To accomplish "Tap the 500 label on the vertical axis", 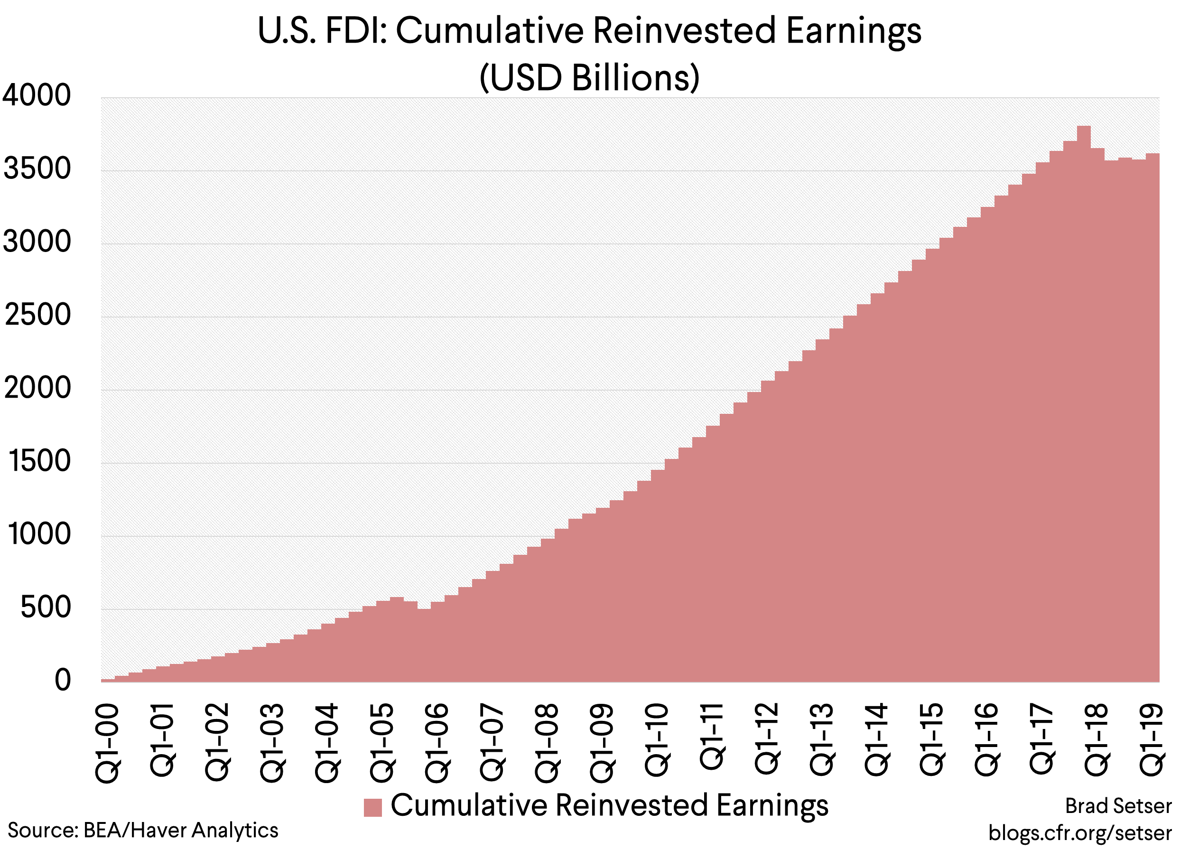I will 45,607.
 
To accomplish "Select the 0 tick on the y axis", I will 63,680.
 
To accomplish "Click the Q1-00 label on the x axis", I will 108,743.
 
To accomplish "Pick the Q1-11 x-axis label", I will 712,736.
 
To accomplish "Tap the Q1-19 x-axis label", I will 1152,739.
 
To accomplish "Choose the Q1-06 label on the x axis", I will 437,743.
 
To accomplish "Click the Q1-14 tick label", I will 876,739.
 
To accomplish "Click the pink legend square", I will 372,807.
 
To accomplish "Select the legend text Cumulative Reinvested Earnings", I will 609,805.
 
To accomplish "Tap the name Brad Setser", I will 1118,806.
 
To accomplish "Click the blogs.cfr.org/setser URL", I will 1080,832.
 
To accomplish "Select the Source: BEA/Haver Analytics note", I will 143,830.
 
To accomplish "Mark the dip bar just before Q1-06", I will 424,645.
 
